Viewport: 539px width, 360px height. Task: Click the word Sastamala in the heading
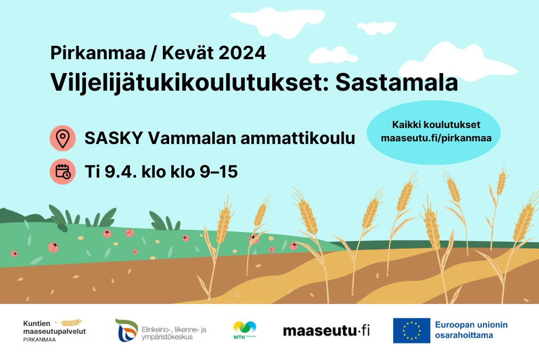(x=397, y=83)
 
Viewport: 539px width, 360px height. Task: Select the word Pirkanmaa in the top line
(x=98, y=53)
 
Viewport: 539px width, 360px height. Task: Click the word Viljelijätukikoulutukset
(x=190, y=83)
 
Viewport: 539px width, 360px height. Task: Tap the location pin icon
(x=62, y=138)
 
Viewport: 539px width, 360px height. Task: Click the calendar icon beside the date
(x=62, y=171)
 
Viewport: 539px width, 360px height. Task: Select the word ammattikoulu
(x=298, y=138)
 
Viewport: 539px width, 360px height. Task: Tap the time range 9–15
(x=219, y=171)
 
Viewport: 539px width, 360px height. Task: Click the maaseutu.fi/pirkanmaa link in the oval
(x=436, y=138)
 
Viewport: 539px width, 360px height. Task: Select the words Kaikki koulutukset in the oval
(x=436, y=125)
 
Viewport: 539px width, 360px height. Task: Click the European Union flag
(x=411, y=331)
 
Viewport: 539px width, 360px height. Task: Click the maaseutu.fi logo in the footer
(x=326, y=331)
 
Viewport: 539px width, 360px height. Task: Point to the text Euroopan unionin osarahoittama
(x=471, y=330)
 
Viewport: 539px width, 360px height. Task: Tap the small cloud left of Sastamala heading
(x=333, y=55)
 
